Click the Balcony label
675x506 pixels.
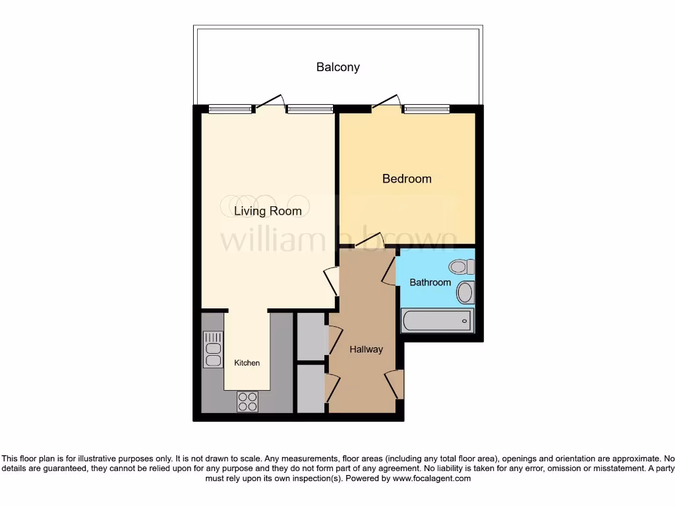click(337, 67)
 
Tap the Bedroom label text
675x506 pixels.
click(407, 179)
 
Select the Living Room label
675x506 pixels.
click(268, 211)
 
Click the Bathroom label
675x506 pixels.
click(430, 283)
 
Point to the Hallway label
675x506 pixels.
click(366, 349)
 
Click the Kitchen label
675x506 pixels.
click(247, 363)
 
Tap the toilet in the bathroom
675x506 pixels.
click(460, 267)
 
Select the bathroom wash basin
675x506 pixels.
click(465, 292)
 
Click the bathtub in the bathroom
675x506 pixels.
click(437, 321)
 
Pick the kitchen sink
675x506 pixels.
click(213, 349)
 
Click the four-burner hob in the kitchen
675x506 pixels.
click(248, 401)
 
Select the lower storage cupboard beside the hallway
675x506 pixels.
click(312, 388)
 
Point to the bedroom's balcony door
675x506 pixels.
click(386, 101)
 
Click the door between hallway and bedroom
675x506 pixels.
click(368, 241)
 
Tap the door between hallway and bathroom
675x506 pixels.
click(390, 271)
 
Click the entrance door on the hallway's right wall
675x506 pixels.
click(395, 383)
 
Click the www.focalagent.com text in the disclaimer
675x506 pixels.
click(431, 479)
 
